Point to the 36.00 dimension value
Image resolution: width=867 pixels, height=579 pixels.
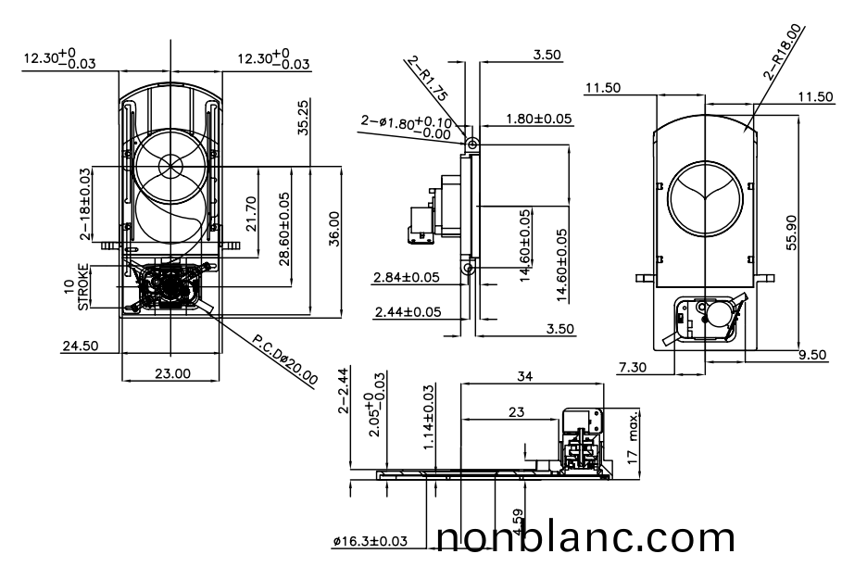333,228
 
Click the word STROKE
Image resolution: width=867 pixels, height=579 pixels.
84,287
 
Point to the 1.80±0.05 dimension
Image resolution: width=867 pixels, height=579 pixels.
539,120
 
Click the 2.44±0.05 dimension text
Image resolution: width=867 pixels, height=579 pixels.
408,312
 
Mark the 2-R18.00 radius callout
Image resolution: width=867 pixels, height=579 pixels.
785,53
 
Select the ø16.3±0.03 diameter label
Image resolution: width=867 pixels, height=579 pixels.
370,541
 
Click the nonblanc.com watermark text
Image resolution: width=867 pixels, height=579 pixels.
585,538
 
